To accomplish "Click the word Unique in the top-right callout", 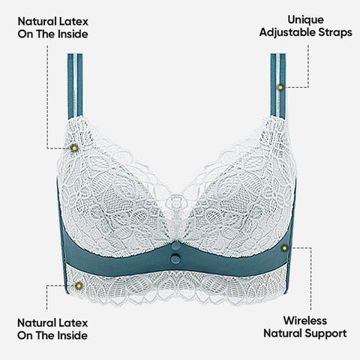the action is coord(305,19).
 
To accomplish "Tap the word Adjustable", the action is coord(287,32).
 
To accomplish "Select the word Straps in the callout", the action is coord(335,32).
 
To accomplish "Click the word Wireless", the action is coord(305,320).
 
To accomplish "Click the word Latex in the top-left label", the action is coord(74,22).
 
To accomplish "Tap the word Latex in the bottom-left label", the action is coord(73,322).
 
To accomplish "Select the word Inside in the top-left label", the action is coord(73,34).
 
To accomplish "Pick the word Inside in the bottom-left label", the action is coord(73,335).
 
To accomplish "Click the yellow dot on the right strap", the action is coord(280,88).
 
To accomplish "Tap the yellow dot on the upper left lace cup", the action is coord(74,148).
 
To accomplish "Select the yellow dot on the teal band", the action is coord(284,248).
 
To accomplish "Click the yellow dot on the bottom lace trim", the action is coord(79,286).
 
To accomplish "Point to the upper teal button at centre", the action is coord(175,246).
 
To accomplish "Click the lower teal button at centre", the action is coord(175,259).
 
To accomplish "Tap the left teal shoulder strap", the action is coord(75,86).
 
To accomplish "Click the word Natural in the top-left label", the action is coord(37,22).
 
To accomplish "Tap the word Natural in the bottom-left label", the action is coord(37,322).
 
